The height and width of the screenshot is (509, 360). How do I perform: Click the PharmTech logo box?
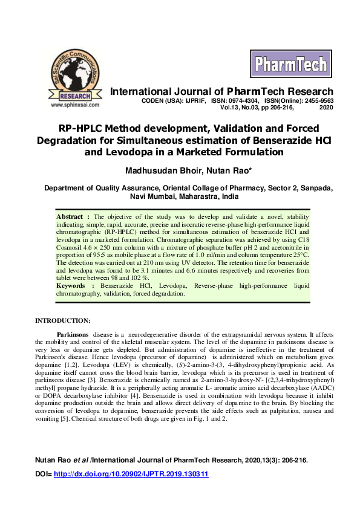click(x=290, y=63)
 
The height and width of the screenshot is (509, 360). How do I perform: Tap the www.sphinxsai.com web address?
click(x=74, y=104)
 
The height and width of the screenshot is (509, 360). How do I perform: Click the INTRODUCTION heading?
click(x=62, y=320)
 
